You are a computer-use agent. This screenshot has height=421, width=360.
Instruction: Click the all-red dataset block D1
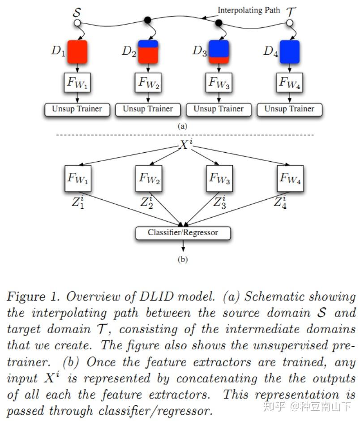[78, 52]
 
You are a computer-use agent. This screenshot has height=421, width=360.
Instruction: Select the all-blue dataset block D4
[289, 52]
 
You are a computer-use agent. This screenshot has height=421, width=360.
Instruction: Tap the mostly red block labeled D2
[148, 52]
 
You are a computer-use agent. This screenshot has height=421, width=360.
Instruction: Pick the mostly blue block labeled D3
[219, 52]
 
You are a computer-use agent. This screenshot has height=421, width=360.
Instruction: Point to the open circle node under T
[290, 22]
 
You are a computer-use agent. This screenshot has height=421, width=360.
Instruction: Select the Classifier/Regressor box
[183, 233]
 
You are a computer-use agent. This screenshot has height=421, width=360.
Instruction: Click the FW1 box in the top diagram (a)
[77, 83]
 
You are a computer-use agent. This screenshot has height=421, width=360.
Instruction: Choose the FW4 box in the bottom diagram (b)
[290, 179]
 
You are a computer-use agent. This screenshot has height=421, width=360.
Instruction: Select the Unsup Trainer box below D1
[77, 109]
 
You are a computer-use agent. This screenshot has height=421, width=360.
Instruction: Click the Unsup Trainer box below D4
[289, 109]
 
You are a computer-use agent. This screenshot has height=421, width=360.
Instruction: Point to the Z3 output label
[219, 202]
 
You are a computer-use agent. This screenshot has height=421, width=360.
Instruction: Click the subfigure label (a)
[182, 126]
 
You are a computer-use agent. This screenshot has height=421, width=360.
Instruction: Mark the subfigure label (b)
[183, 259]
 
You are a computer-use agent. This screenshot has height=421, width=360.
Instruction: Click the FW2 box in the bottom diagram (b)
[148, 179]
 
